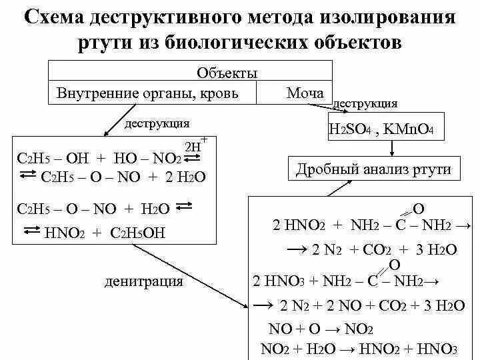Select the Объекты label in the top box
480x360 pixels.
(227, 73)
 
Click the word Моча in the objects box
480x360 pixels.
(305, 93)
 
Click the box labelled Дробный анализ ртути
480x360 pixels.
(373, 169)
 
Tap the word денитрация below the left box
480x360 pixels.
(143, 281)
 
